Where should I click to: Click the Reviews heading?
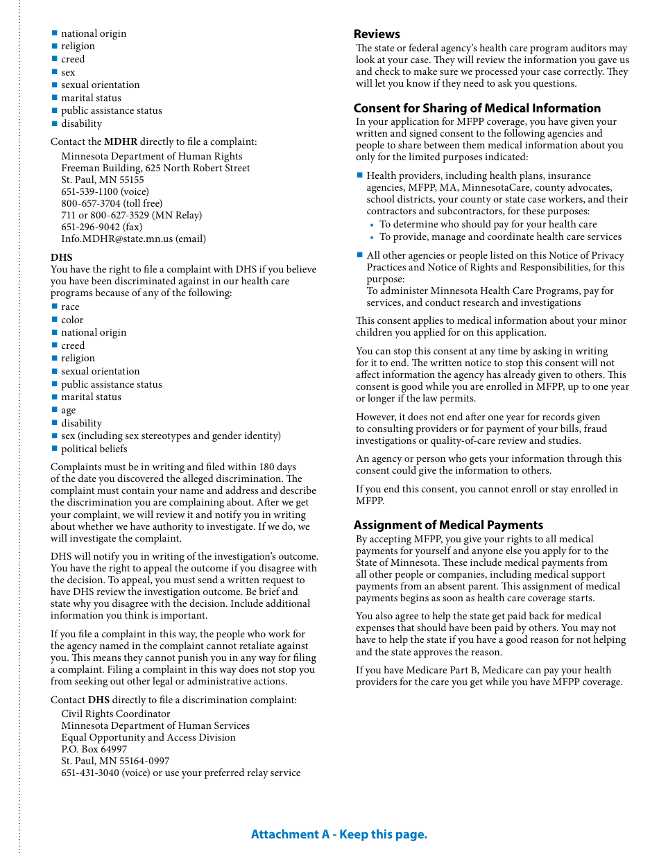377,34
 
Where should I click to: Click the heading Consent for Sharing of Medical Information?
477,108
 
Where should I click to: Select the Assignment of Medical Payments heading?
448,525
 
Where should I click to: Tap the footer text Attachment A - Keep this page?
339,834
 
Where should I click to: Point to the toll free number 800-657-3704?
90,203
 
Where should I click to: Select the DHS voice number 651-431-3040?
90,773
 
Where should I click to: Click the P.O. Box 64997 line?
94,749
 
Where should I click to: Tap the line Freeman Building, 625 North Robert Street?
155,168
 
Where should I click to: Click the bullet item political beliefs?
94,449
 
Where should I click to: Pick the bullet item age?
68,411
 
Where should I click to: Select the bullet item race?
70,307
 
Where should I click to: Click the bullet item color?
72,320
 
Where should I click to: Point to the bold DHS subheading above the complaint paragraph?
61,257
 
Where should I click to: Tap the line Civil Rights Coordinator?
115,714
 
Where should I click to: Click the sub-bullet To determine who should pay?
488,224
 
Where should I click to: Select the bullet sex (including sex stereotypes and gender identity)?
171,436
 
